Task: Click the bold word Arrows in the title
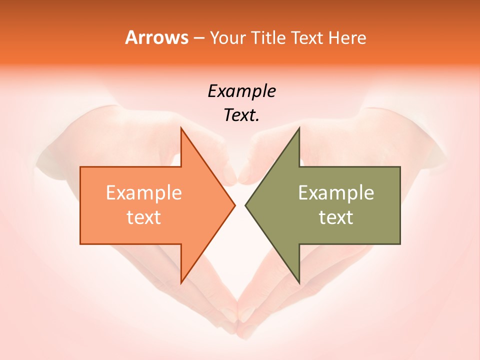click(x=156, y=37)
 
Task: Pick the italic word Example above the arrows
click(x=241, y=91)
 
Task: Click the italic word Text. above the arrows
click(x=241, y=115)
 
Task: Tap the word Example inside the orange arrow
click(x=144, y=192)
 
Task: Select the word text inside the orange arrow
click(x=144, y=217)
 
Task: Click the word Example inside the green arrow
click(x=336, y=192)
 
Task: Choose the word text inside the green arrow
click(x=336, y=217)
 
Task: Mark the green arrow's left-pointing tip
click(x=246, y=205)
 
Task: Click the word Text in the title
click(x=307, y=38)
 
